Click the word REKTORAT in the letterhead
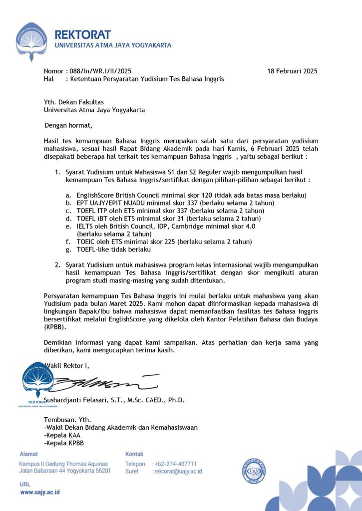tap(82, 35)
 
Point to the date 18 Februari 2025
tap(292, 71)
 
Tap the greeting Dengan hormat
tap(68, 125)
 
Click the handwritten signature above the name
tap(100, 383)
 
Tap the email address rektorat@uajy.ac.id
tap(178, 471)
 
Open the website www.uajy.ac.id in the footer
tap(40, 493)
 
